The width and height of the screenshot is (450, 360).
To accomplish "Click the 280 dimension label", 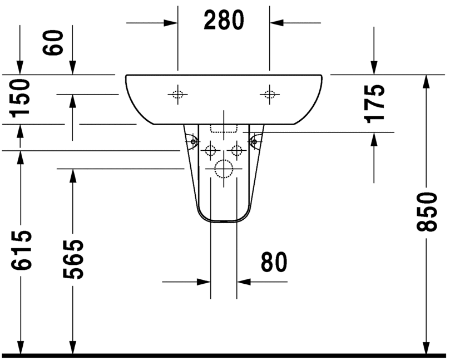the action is click(x=224, y=20).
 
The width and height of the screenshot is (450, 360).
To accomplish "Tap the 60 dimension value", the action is click(x=52, y=42).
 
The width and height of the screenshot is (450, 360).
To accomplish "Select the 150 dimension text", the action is click(x=20, y=98).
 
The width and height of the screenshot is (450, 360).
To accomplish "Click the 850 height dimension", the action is click(x=427, y=212).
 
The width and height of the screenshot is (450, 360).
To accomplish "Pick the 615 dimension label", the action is click(x=20, y=250).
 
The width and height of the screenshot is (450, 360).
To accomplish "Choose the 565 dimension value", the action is click(x=73, y=259).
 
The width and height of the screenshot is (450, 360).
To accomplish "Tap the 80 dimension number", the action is click(x=274, y=262).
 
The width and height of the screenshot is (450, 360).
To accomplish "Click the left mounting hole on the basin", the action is click(x=177, y=94).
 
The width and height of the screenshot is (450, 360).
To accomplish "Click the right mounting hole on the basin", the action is click(x=269, y=94).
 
